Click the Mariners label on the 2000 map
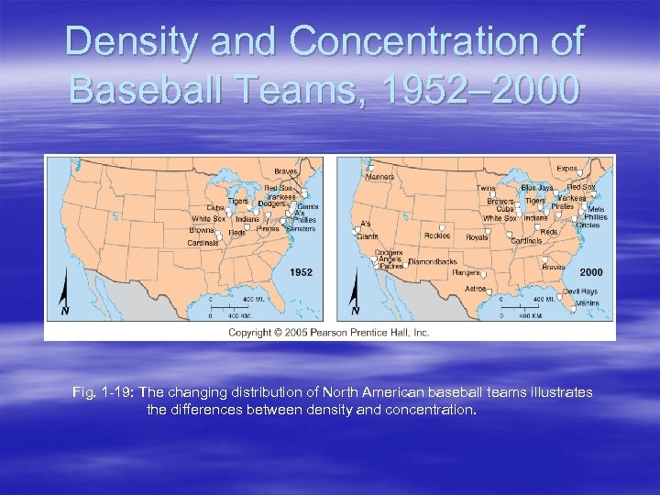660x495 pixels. tap(379, 177)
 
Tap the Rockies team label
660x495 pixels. tap(437, 236)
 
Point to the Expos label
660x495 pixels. tap(567, 169)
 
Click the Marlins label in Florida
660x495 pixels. tap(588, 302)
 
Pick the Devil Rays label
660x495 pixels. tap(579, 291)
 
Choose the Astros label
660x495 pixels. tap(475, 288)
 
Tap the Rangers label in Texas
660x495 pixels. tap(467, 272)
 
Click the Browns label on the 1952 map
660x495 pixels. tap(202, 230)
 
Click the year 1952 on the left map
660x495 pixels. tap(301, 272)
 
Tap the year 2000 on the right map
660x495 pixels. tap(590, 272)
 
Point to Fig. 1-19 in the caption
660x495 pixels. tap(100, 392)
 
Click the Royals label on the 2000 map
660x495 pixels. tap(477, 236)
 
